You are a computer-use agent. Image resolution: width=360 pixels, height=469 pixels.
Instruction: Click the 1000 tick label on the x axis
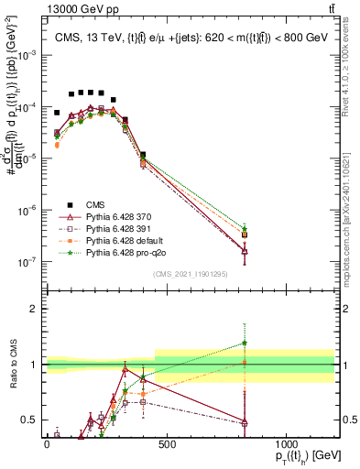tap(286, 444)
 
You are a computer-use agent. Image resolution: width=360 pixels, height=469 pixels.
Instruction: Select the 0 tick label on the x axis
tap(47, 444)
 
